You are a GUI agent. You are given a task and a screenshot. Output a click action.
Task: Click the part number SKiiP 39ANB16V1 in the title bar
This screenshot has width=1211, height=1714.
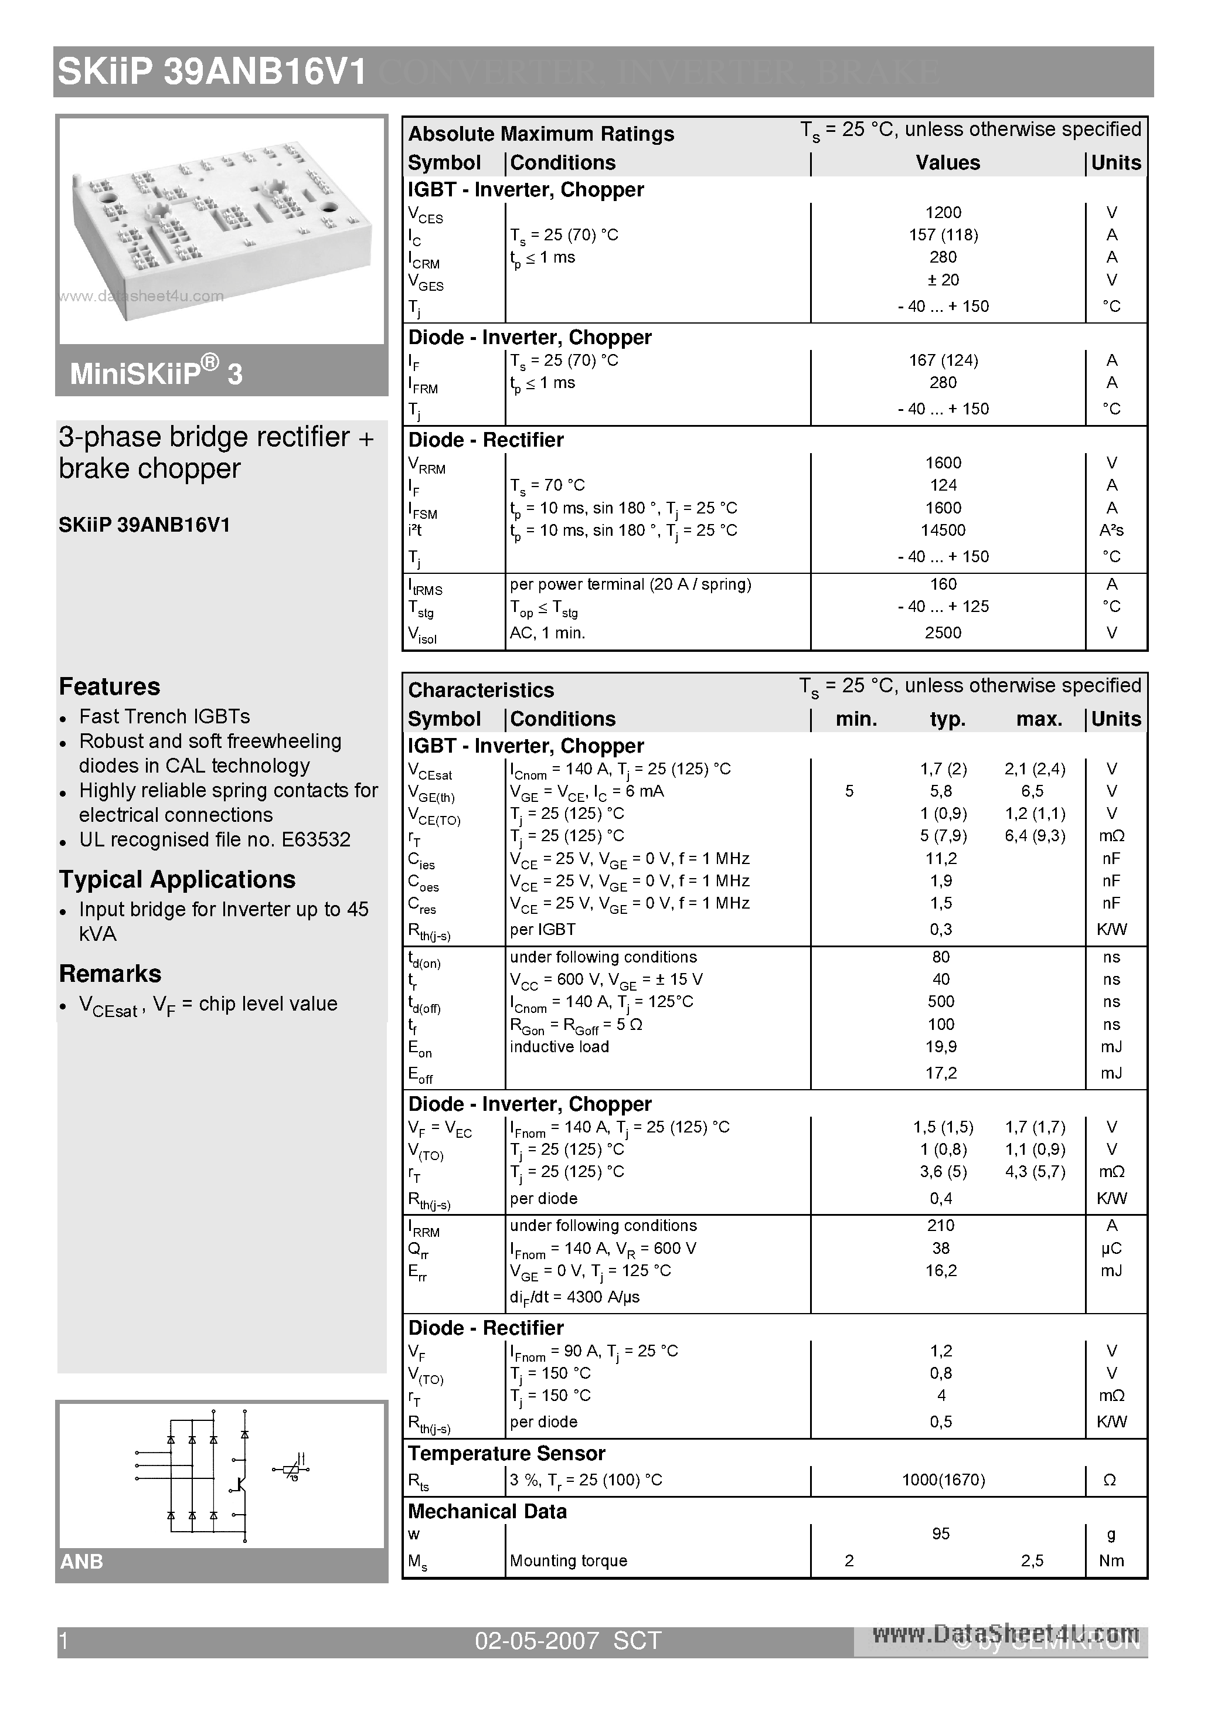[212, 73]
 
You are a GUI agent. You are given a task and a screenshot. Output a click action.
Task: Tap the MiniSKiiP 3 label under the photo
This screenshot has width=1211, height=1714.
[156, 372]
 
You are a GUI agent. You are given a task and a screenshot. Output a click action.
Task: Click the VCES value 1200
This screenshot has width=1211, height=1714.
[943, 213]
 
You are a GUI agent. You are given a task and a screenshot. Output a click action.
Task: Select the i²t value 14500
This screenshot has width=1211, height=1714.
[943, 530]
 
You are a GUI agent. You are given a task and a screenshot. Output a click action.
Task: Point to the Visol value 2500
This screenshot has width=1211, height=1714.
[943, 633]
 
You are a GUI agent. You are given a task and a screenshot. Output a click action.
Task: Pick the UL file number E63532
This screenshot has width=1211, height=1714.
[316, 840]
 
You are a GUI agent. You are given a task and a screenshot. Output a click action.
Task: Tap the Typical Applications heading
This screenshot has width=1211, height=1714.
[178, 879]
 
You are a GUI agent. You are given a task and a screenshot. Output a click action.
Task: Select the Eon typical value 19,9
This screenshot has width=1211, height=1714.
[941, 1046]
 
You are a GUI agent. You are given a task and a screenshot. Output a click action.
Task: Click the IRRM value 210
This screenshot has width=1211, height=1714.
[941, 1226]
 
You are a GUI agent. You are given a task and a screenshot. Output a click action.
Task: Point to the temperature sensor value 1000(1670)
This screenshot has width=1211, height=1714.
[943, 1480]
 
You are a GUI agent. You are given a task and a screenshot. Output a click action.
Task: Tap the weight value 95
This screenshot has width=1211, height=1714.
[941, 1534]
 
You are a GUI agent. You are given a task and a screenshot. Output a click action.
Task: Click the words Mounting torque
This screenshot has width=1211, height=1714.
[568, 1561]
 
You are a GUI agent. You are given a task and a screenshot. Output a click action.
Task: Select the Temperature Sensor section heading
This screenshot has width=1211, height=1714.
[506, 1454]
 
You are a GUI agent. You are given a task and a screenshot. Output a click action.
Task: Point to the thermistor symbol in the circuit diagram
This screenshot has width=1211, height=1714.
[292, 1469]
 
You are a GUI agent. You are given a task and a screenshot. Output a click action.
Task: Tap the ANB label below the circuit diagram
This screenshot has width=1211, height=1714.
[81, 1562]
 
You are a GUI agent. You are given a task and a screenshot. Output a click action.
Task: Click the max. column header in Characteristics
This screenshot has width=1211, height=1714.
[1039, 720]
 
